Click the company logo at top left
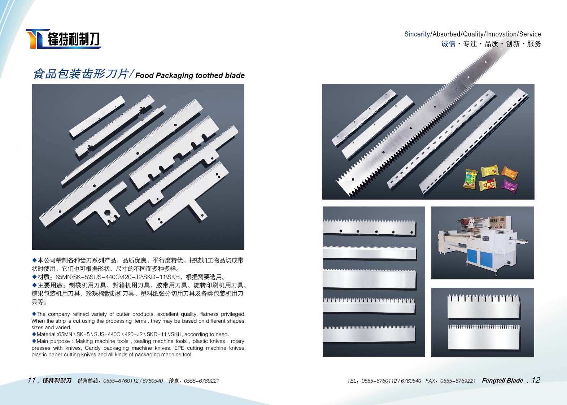click(63, 39)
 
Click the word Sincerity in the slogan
click(417, 34)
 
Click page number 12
click(536, 380)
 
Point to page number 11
click(32, 380)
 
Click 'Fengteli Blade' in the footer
click(502, 380)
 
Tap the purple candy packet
click(510, 186)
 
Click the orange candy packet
click(510, 173)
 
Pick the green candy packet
click(471, 179)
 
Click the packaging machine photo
click(483, 243)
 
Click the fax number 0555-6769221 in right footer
click(458, 381)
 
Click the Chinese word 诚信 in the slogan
click(448, 44)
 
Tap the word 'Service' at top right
click(530, 34)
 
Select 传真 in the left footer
click(174, 381)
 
